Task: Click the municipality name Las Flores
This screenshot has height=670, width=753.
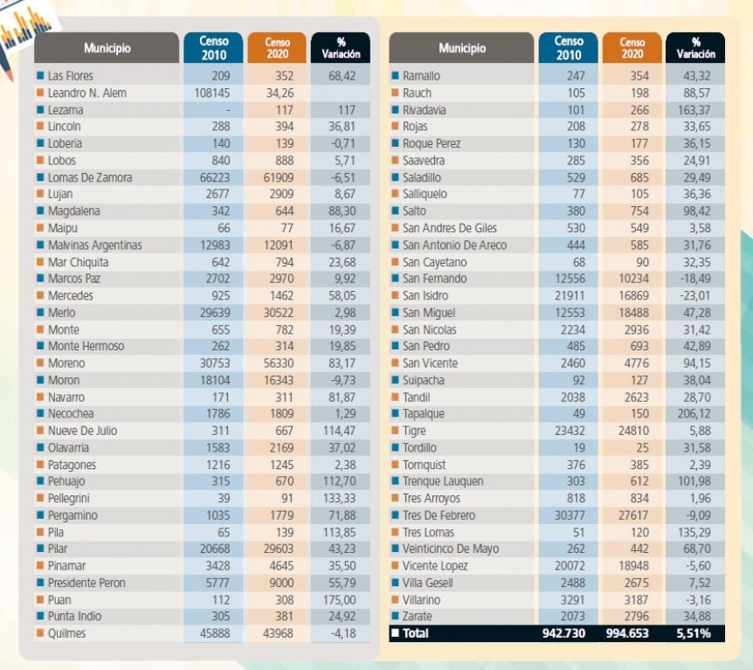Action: coord(70,76)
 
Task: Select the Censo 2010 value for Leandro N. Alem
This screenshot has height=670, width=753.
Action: coord(212,93)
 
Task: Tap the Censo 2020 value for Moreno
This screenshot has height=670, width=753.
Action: coord(277,363)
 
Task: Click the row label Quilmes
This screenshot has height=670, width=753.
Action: coord(66,633)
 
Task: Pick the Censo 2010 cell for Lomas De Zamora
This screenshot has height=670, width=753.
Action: coord(212,177)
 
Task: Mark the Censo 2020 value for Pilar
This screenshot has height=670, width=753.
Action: coord(277,549)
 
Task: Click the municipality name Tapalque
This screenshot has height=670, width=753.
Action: coord(424,414)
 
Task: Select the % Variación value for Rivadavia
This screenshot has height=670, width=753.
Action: coord(694,110)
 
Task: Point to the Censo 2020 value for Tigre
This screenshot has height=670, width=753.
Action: coord(632,431)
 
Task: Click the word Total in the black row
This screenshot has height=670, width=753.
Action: coord(416,633)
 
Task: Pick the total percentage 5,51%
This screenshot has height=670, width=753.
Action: coord(694,633)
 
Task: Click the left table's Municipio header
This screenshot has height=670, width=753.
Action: coord(107,48)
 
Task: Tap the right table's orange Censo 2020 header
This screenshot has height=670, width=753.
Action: coord(632,47)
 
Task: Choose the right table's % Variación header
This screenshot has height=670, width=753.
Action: coord(695,47)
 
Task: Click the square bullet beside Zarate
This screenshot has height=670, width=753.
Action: coord(396,617)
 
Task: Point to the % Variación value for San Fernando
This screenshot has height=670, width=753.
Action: coord(694,279)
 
